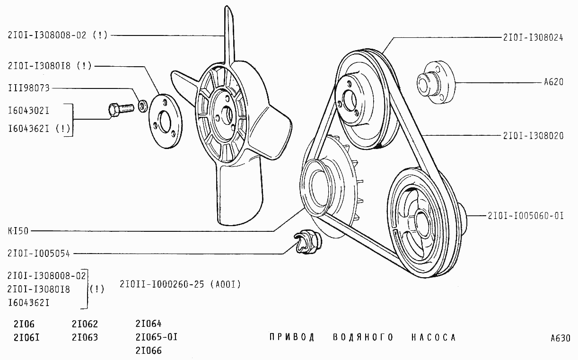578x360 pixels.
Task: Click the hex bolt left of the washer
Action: click(121, 109)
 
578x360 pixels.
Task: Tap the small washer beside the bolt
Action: click(143, 105)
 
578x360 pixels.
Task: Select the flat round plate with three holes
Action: click(166, 121)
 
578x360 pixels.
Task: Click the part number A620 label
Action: click(554, 82)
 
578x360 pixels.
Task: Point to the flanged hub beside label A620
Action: click(436, 82)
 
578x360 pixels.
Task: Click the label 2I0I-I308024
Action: click(533, 38)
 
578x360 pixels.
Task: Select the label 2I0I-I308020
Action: click(533, 136)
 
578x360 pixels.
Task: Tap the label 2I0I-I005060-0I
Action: click(525, 216)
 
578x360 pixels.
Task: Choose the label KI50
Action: click(18, 231)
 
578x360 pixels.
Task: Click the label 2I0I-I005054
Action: click(39, 254)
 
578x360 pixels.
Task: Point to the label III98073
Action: click(29, 88)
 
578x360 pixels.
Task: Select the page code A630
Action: click(560, 338)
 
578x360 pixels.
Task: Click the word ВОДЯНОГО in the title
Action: click(363, 337)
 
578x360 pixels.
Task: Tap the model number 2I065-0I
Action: click(157, 337)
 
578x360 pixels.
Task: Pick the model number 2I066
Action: click(149, 351)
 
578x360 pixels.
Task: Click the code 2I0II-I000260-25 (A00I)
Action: click(180, 284)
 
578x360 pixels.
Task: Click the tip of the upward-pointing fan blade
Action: click(227, 6)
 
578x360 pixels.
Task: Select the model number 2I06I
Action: click(26, 338)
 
